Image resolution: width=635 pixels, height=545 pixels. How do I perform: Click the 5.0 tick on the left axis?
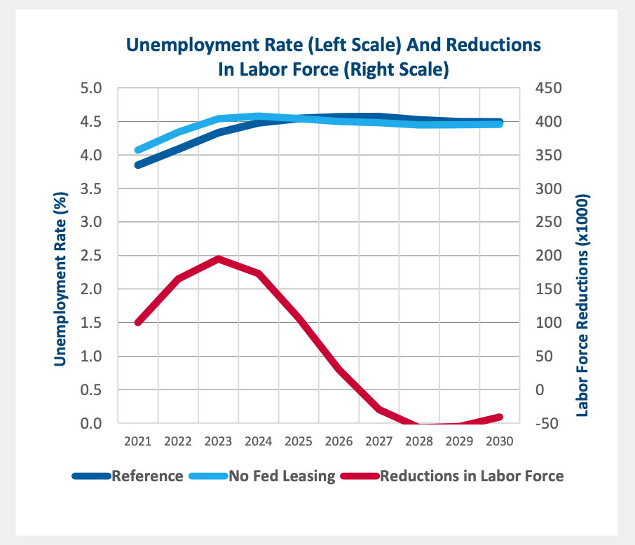click(93, 88)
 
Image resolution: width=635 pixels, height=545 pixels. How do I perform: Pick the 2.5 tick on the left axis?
click(93, 256)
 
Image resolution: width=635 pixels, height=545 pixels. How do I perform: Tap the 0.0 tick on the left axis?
click(93, 423)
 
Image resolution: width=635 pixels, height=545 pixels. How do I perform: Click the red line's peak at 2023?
click(219, 258)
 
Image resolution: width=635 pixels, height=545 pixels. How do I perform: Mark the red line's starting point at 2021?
click(138, 322)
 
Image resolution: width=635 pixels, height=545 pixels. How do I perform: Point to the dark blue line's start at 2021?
click(138, 165)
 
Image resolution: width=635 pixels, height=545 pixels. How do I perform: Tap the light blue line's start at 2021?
click(138, 150)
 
